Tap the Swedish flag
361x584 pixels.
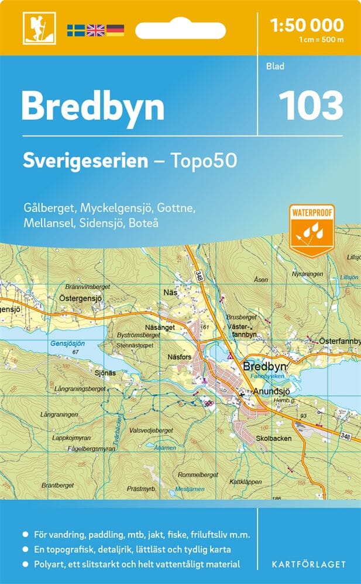[x=75, y=30]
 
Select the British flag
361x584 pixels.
[x=95, y=30]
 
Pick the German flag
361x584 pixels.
[x=115, y=30]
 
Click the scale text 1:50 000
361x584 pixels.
[x=307, y=25]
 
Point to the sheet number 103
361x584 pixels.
[x=310, y=106]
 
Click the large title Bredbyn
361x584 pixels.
[x=92, y=106]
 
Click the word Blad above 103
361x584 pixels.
[x=275, y=67]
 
